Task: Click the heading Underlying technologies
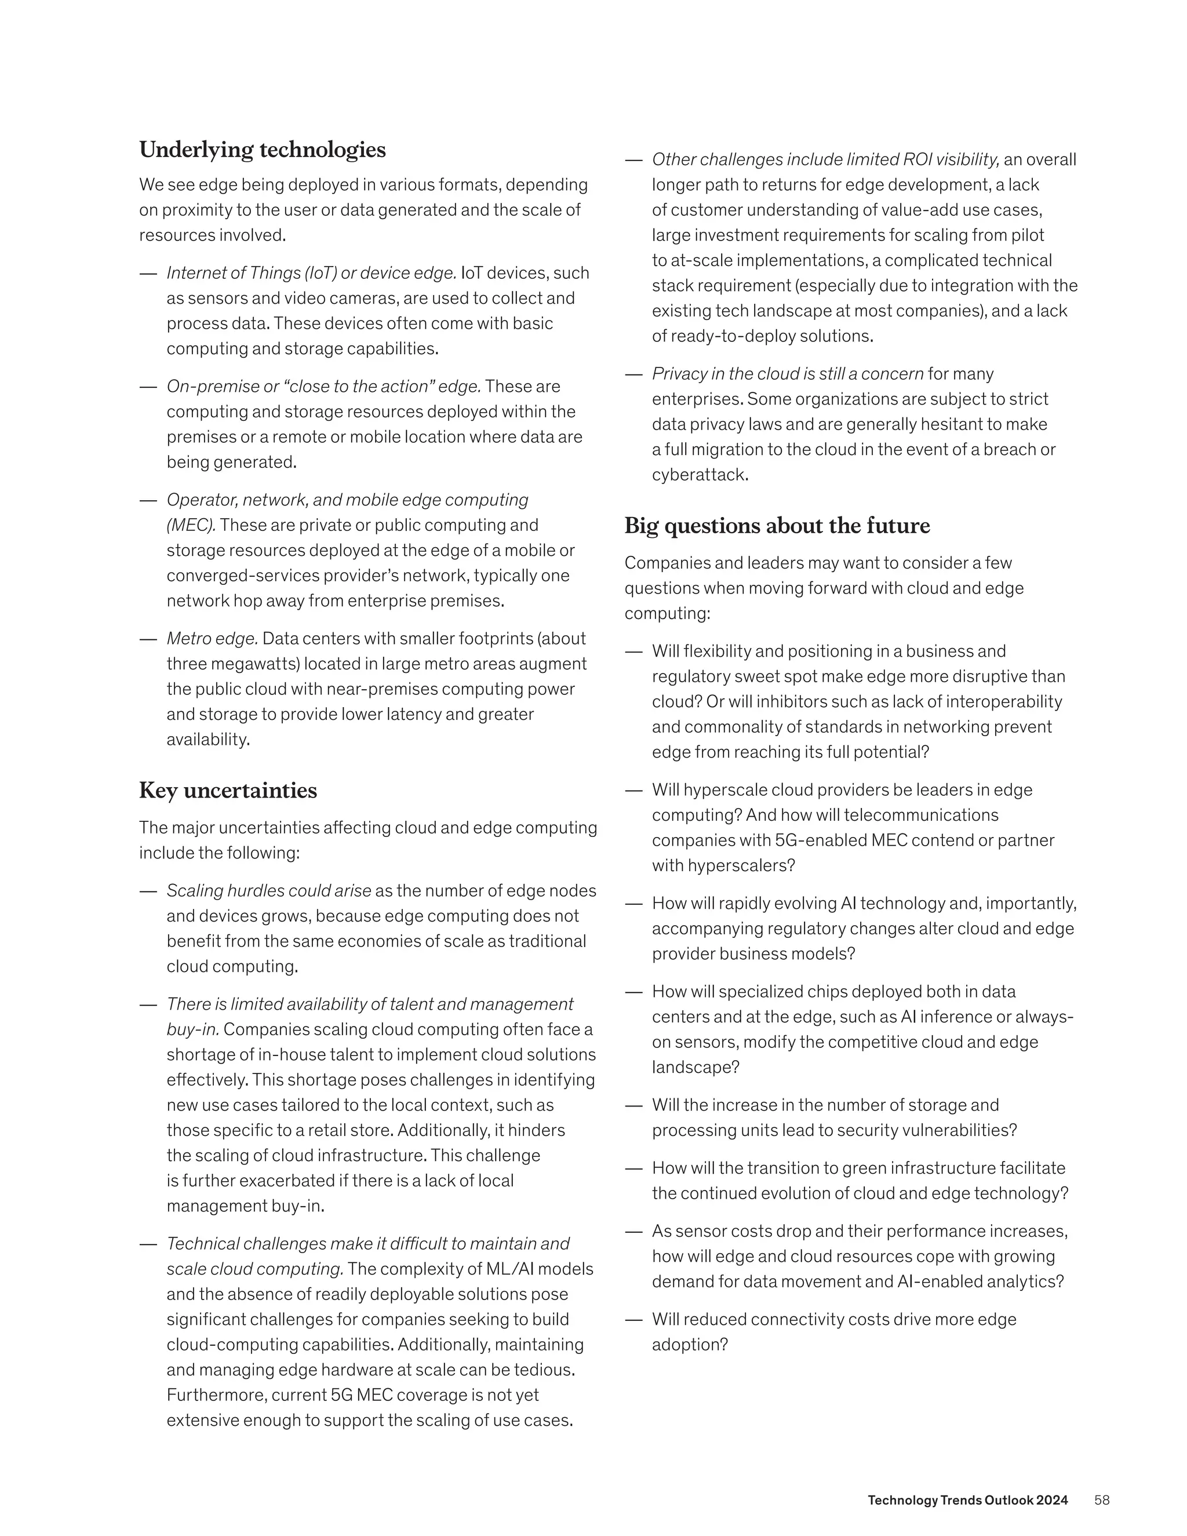click(263, 150)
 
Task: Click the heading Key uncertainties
click(228, 791)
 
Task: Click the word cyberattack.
click(700, 475)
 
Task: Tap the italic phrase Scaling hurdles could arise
click(268, 891)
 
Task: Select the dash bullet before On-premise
click(148, 387)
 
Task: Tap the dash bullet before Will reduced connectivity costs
click(633, 1320)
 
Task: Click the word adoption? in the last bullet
click(689, 1345)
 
